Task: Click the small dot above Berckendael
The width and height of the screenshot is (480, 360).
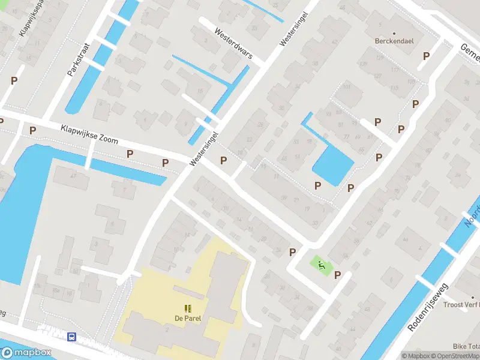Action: [x=394, y=33]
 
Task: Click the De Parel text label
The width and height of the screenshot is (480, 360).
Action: [x=187, y=318]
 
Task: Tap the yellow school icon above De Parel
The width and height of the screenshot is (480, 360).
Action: [x=188, y=308]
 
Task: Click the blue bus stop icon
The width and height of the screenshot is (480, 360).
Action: [x=72, y=337]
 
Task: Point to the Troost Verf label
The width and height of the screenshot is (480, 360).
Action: [x=461, y=305]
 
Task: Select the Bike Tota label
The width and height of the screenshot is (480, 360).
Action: [x=466, y=346]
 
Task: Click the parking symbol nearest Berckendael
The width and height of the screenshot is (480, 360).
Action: [x=427, y=56]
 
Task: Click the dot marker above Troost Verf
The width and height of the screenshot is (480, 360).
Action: [x=473, y=296]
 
